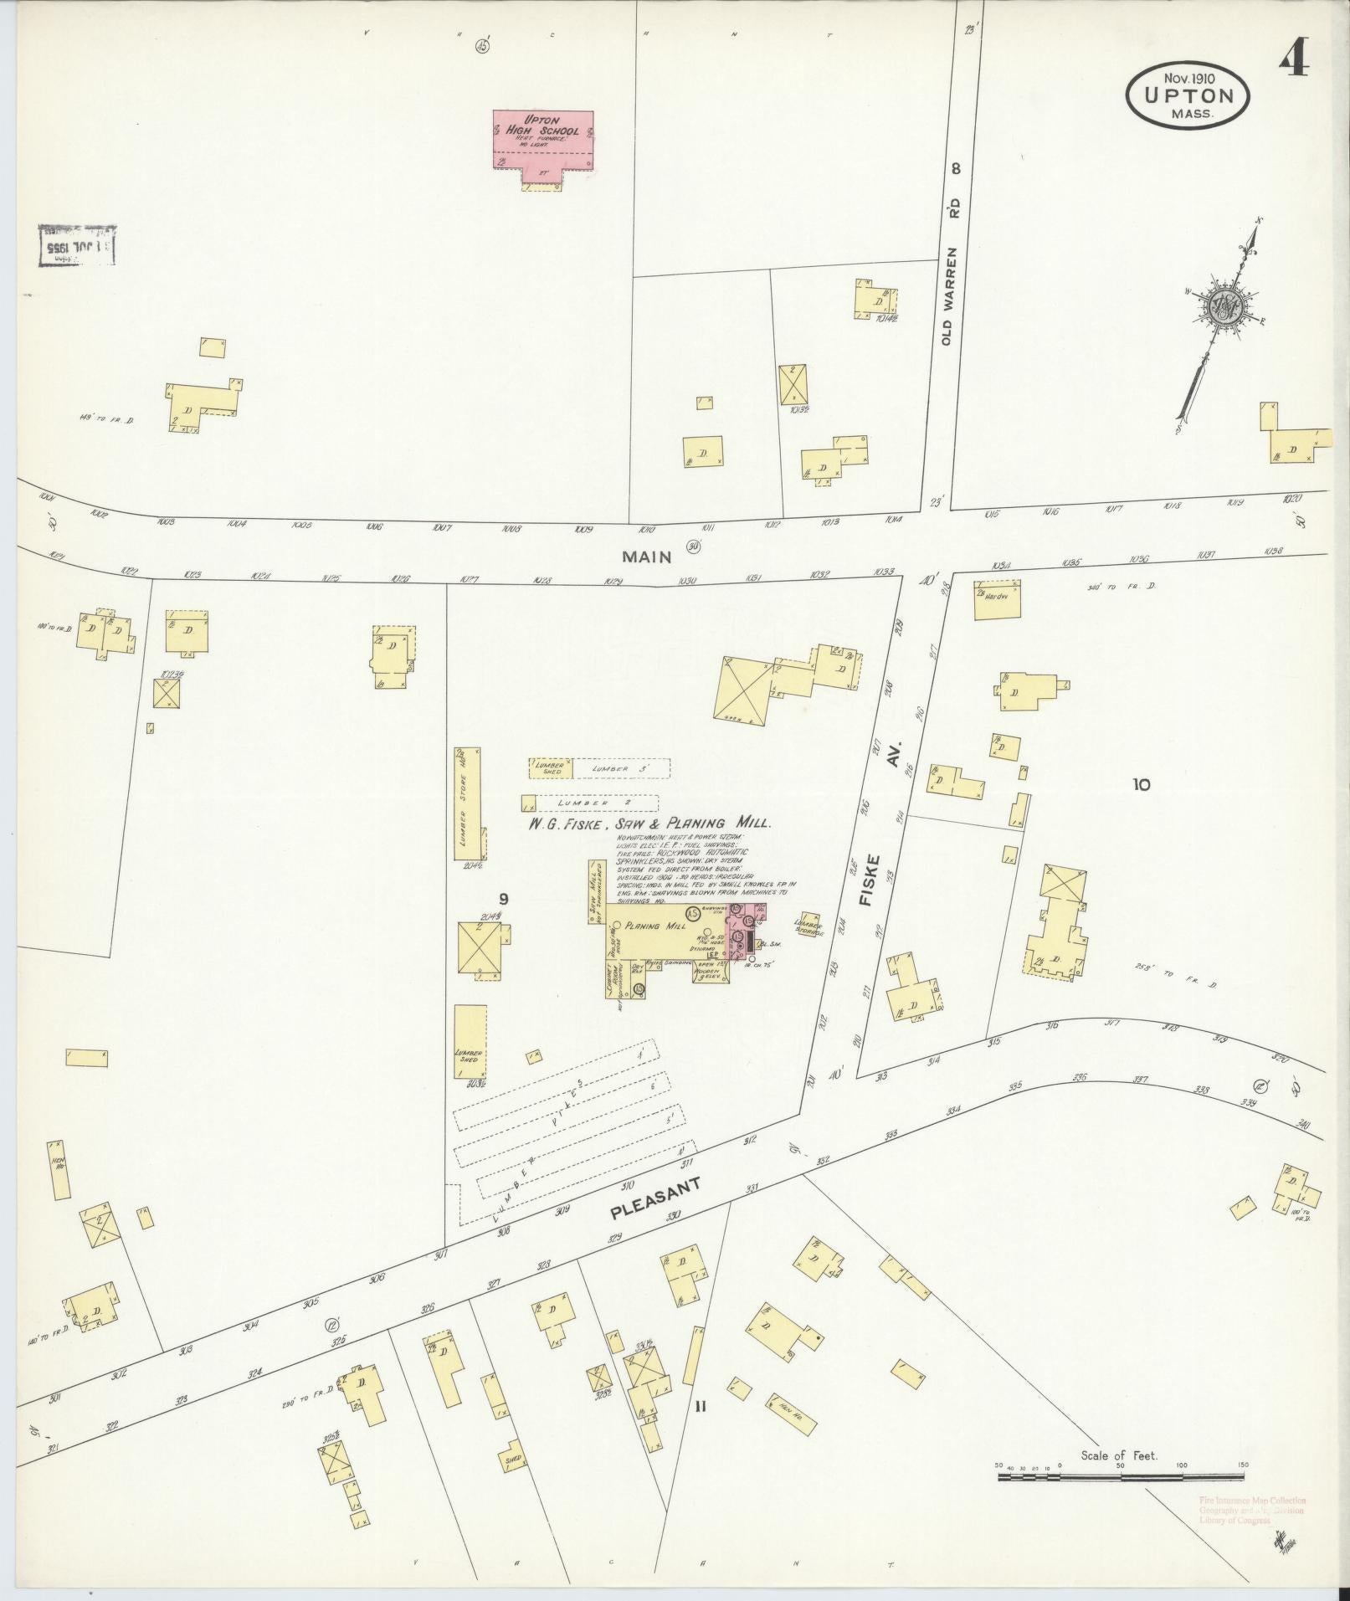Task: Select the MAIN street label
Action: pos(646,557)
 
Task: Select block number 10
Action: pos(1141,784)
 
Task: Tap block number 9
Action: pos(503,899)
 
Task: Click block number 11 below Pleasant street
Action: pos(700,1407)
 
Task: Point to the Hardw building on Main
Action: pos(998,601)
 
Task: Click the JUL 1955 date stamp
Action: pos(77,248)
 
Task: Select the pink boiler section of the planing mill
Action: pos(743,932)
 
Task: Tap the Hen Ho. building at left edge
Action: pos(59,1168)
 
